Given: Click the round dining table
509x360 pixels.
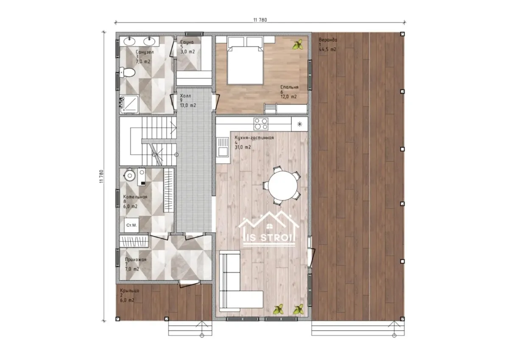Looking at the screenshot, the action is click(282, 186).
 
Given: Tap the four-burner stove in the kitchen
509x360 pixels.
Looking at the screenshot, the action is click(260, 124).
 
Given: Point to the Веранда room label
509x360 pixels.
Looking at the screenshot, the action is click(328, 40).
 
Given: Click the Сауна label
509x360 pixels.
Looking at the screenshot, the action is click(187, 42).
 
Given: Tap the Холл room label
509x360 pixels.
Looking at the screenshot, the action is click(185, 96).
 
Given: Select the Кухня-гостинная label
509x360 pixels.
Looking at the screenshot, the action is click(254, 138).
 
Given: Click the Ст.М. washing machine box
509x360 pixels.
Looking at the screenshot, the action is click(131, 225).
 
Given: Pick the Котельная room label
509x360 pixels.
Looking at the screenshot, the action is click(135, 197).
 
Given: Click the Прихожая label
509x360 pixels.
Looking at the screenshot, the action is click(135, 260).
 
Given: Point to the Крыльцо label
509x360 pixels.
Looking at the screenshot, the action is click(129, 290).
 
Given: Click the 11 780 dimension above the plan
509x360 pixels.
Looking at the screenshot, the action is click(260, 20).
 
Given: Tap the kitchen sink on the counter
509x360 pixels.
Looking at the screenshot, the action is click(223, 147).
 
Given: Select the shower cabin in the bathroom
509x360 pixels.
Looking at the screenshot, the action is click(129, 104).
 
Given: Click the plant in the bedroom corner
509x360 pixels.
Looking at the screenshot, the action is click(298, 45).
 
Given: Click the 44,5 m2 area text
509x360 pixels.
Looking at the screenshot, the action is click(327, 49).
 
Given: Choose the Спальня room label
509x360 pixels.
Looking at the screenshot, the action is click(289, 87).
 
